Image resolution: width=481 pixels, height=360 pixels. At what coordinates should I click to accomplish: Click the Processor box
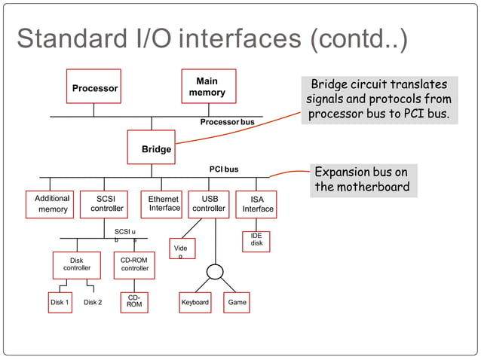pyautogui.click(x=94, y=87)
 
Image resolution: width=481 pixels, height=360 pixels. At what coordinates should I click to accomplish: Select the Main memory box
pyautogui.click(x=208, y=87)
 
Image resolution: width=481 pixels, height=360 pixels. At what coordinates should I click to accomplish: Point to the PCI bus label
pyautogui.click(x=223, y=169)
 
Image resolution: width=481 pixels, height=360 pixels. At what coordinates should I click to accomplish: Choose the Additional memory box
pyautogui.click(x=53, y=204)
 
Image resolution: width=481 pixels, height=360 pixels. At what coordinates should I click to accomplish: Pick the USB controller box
pyautogui.click(x=209, y=204)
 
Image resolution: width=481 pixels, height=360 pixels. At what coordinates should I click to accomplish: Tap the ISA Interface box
pyautogui.click(x=256, y=204)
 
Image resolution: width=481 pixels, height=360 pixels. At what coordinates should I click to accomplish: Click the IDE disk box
pyautogui.click(x=256, y=240)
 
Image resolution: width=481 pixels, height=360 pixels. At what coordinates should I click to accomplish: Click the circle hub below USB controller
pyautogui.click(x=215, y=271)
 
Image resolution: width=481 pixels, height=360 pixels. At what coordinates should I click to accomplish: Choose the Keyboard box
pyautogui.click(x=195, y=303)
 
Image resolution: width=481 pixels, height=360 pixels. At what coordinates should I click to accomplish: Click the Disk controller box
pyautogui.click(x=76, y=264)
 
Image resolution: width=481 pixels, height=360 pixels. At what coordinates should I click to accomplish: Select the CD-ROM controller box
pyautogui.click(x=134, y=264)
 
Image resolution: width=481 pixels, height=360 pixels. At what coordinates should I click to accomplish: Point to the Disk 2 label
pyautogui.click(x=93, y=303)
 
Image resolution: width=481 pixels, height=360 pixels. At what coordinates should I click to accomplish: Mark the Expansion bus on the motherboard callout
pyautogui.click(x=362, y=180)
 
